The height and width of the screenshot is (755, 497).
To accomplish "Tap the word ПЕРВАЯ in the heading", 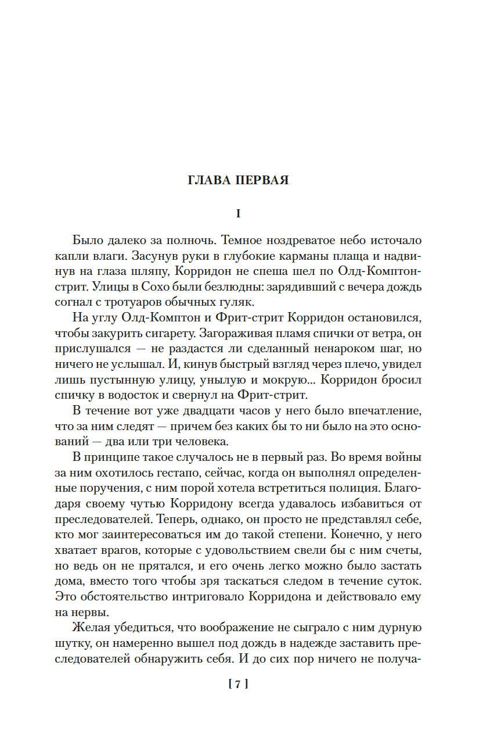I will pos(262,180).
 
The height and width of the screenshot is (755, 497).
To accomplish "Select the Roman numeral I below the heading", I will pos(238,213).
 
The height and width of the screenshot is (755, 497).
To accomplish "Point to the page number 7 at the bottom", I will pos(238,685).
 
